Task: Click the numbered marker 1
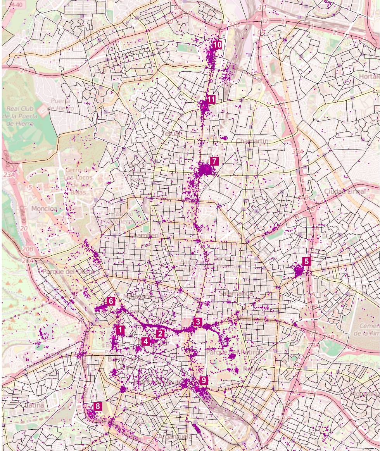click(x=120, y=330)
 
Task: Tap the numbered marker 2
click(x=161, y=333)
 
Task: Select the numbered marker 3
click(x=198, y=322)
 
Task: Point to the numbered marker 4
click(x=145, y=341)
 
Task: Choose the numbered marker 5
click(x=307, y=262)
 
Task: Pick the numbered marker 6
click(x=111, y=301)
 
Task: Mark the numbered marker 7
click(x=214, y=161)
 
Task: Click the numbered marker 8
click(x=98, y=406)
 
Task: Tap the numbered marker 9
click(x=204, y=380)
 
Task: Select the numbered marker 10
click(x=217, y=45)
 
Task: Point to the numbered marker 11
click(x=211, y=100)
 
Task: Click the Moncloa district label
click(x=44, y=208)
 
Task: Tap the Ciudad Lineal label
click(x=345, y=192)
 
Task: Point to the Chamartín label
click(x=252, y=140)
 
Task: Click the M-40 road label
click(x=16, y=5)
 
